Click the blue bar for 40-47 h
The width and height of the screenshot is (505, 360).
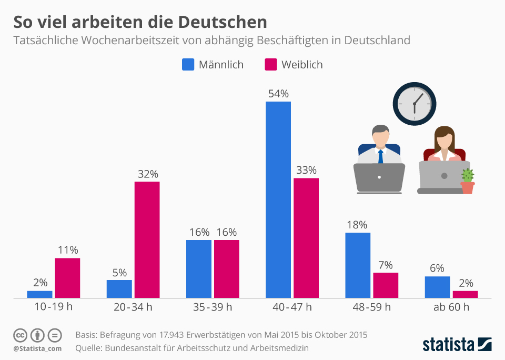278,200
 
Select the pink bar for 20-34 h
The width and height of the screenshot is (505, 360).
147,240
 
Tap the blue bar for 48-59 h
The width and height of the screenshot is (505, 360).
358,265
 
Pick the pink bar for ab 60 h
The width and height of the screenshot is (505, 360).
465,294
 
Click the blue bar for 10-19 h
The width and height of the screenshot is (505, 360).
39,294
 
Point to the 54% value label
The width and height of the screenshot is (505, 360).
278,94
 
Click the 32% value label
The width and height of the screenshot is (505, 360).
147,174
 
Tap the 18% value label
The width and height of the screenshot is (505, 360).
358,225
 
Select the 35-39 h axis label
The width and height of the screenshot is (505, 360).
212,307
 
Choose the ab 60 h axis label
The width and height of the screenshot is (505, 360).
451,307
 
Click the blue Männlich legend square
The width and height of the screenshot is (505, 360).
188,64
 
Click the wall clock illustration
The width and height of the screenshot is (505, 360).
415,103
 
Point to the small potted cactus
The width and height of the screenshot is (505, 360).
467,181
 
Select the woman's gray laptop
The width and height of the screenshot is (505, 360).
444,177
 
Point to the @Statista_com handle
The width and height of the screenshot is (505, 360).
37,348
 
